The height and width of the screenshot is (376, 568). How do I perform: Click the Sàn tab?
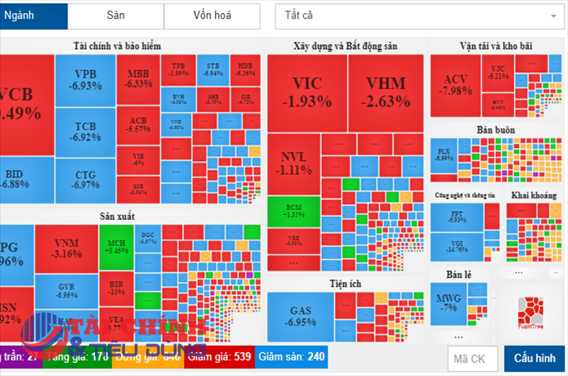[115, 16]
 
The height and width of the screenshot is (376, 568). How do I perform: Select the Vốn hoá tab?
[212, 16]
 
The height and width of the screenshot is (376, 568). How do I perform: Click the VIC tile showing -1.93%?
[306, 92]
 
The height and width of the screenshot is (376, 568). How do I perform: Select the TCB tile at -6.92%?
[85, 132]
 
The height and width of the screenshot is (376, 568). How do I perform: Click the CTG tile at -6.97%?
[85, 180]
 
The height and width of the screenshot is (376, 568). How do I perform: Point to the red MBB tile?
[138, 78]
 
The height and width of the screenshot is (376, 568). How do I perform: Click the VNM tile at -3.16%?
[66, 248]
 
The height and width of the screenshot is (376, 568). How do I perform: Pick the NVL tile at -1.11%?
[293, 163]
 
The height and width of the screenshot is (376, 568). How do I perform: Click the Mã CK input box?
[472, 358]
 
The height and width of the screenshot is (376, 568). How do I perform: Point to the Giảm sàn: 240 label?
[292, 357]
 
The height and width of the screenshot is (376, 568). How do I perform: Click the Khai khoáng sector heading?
[533, 195]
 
